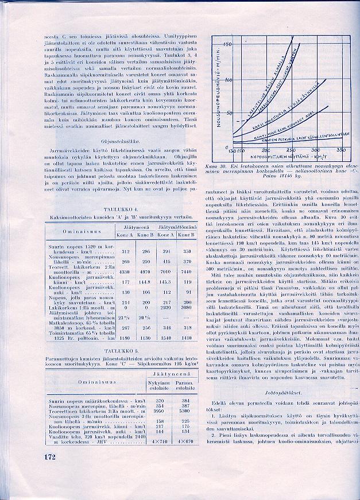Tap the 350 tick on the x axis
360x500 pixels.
coord(340,150)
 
